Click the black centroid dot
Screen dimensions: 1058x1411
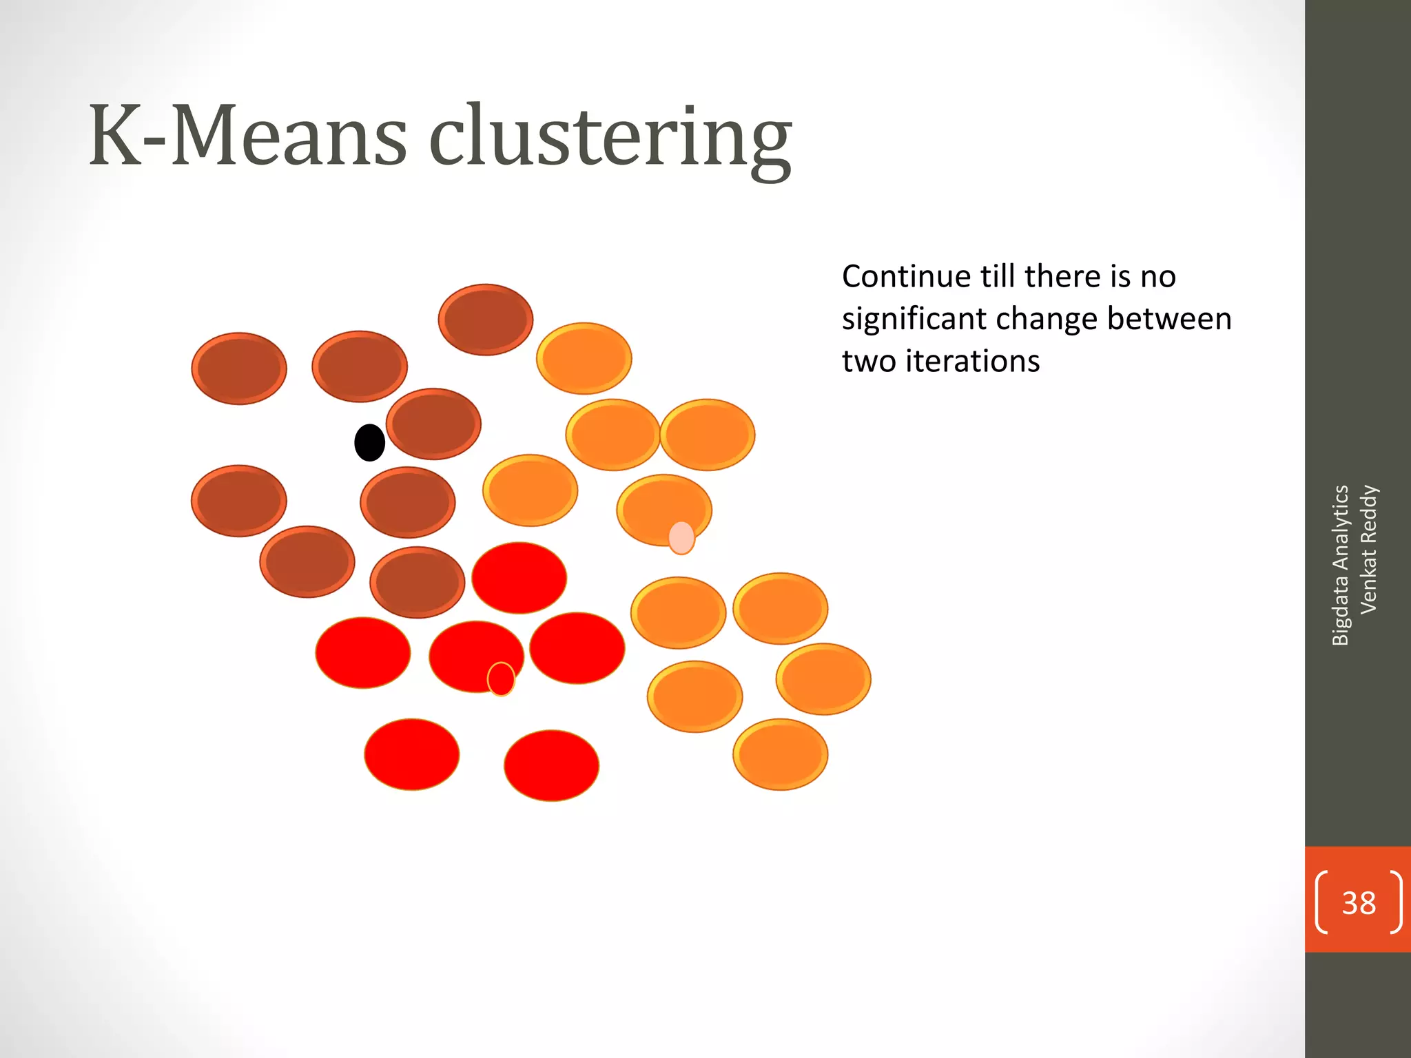tap(369, 442)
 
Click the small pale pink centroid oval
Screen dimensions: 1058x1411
tap(681, 538)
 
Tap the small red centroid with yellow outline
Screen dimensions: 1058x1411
tap(501, 679)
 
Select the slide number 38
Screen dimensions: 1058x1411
tap(1359, 902)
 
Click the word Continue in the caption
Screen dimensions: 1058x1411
tap(907, 277)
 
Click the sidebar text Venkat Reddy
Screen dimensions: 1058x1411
tap(1368, 549)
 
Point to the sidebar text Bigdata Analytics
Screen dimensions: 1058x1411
tap(1341, 565)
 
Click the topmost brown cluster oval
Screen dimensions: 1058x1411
tap(486, 320)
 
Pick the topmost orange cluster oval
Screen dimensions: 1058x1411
tap(584, 358)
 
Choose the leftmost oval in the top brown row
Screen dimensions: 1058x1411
tap(239, 369)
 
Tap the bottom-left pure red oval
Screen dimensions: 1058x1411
tap(412, 754)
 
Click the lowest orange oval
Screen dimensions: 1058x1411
tap(781, 754)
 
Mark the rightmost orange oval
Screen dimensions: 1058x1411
tap(823, 679)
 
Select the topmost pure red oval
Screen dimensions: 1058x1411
tap(519, 577)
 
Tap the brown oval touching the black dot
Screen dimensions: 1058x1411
tap(433, 424)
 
